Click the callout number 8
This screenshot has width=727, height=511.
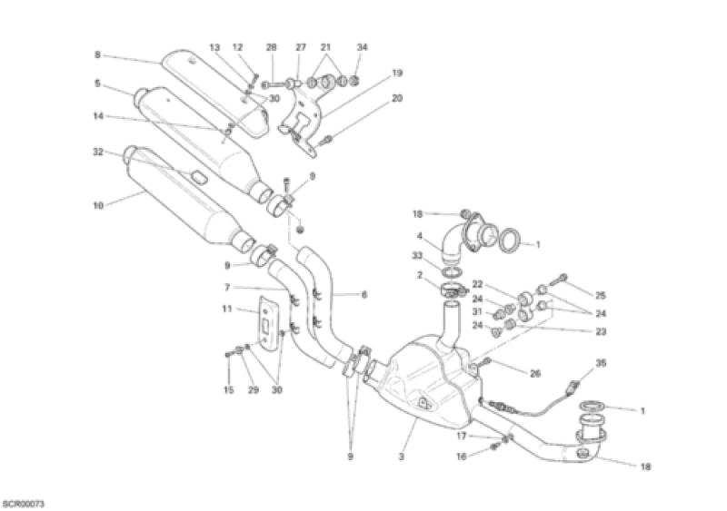tap(97, 55)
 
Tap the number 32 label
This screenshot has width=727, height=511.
tap(98, 152)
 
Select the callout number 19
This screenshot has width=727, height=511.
tap(397, 74)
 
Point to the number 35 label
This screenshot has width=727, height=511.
tap(601, 363)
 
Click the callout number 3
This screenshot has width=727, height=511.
tap(402, 457)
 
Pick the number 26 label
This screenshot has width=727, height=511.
tap(535, 373)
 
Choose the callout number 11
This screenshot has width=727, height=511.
tap(226, 309)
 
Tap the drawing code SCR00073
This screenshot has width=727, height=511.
tap(24, 504)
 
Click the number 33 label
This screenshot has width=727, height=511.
tap(417, 255)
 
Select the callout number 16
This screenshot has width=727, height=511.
tap(461, 457)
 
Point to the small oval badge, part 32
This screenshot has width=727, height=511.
tap(198, 177)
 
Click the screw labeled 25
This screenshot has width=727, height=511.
tap(558, 279)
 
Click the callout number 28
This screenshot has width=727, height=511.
tap(271, 47)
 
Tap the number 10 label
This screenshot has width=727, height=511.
tap(98, 205)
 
